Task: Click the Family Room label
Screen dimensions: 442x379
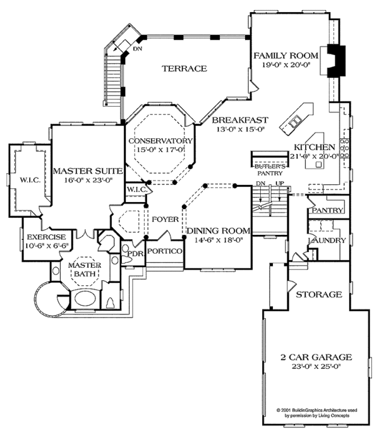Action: (287, 56)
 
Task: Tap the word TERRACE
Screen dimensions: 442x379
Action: (184, 68)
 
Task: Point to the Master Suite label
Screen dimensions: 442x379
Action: (83, 170)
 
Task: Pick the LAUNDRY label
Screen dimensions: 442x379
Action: (326, 241)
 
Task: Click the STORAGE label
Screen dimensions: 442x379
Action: (319, 294)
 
